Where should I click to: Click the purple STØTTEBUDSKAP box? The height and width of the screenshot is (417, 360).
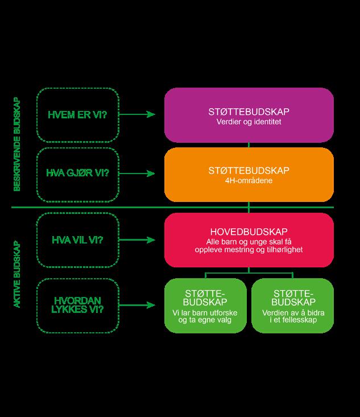click(249, 114)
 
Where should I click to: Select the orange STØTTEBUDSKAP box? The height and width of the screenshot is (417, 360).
click(249, 174)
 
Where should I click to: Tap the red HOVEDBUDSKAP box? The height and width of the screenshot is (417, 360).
click(249, 240)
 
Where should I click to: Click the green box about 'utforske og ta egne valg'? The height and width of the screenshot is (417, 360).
click(205, 305)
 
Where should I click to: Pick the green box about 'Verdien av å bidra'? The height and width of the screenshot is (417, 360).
click(292, 305)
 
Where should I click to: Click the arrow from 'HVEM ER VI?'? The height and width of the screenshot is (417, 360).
click(138, 114)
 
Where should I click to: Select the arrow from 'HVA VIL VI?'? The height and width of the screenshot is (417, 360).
click(138, 240)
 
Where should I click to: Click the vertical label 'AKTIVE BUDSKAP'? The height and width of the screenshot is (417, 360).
click(17, 275)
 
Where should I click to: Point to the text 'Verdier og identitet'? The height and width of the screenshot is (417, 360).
click(249, 122)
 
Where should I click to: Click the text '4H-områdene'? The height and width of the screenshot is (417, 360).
click(249, 180)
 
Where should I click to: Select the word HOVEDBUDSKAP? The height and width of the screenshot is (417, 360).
click(249, 232)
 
